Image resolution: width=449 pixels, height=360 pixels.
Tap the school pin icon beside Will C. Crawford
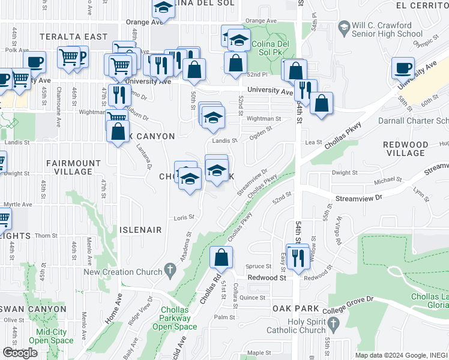[x=344, y=27]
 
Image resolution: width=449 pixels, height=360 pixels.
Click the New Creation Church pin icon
[x=170, y=271]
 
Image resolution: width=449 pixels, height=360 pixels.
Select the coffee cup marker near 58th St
[x=403, y=68]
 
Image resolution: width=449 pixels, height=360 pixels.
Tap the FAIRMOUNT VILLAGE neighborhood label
[x=73, y=167]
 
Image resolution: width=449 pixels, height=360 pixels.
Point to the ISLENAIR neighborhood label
[x=141, y=230]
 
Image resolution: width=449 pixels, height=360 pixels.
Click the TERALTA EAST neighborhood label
[x=74, y=37]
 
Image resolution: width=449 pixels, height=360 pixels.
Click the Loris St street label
[x=184, y=217]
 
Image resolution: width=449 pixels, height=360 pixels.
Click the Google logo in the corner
[x=20, y=352]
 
